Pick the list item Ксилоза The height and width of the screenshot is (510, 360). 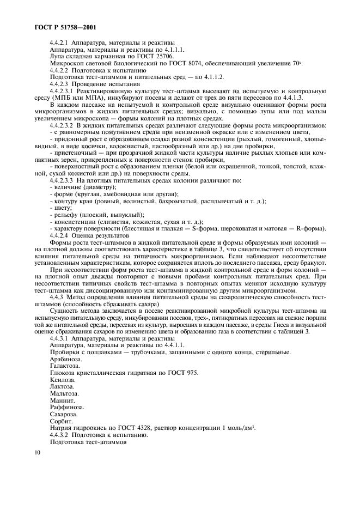tap(62, 380)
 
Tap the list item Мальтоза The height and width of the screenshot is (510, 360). tap(64, 393)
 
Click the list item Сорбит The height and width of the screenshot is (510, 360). tap(60, 421)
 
